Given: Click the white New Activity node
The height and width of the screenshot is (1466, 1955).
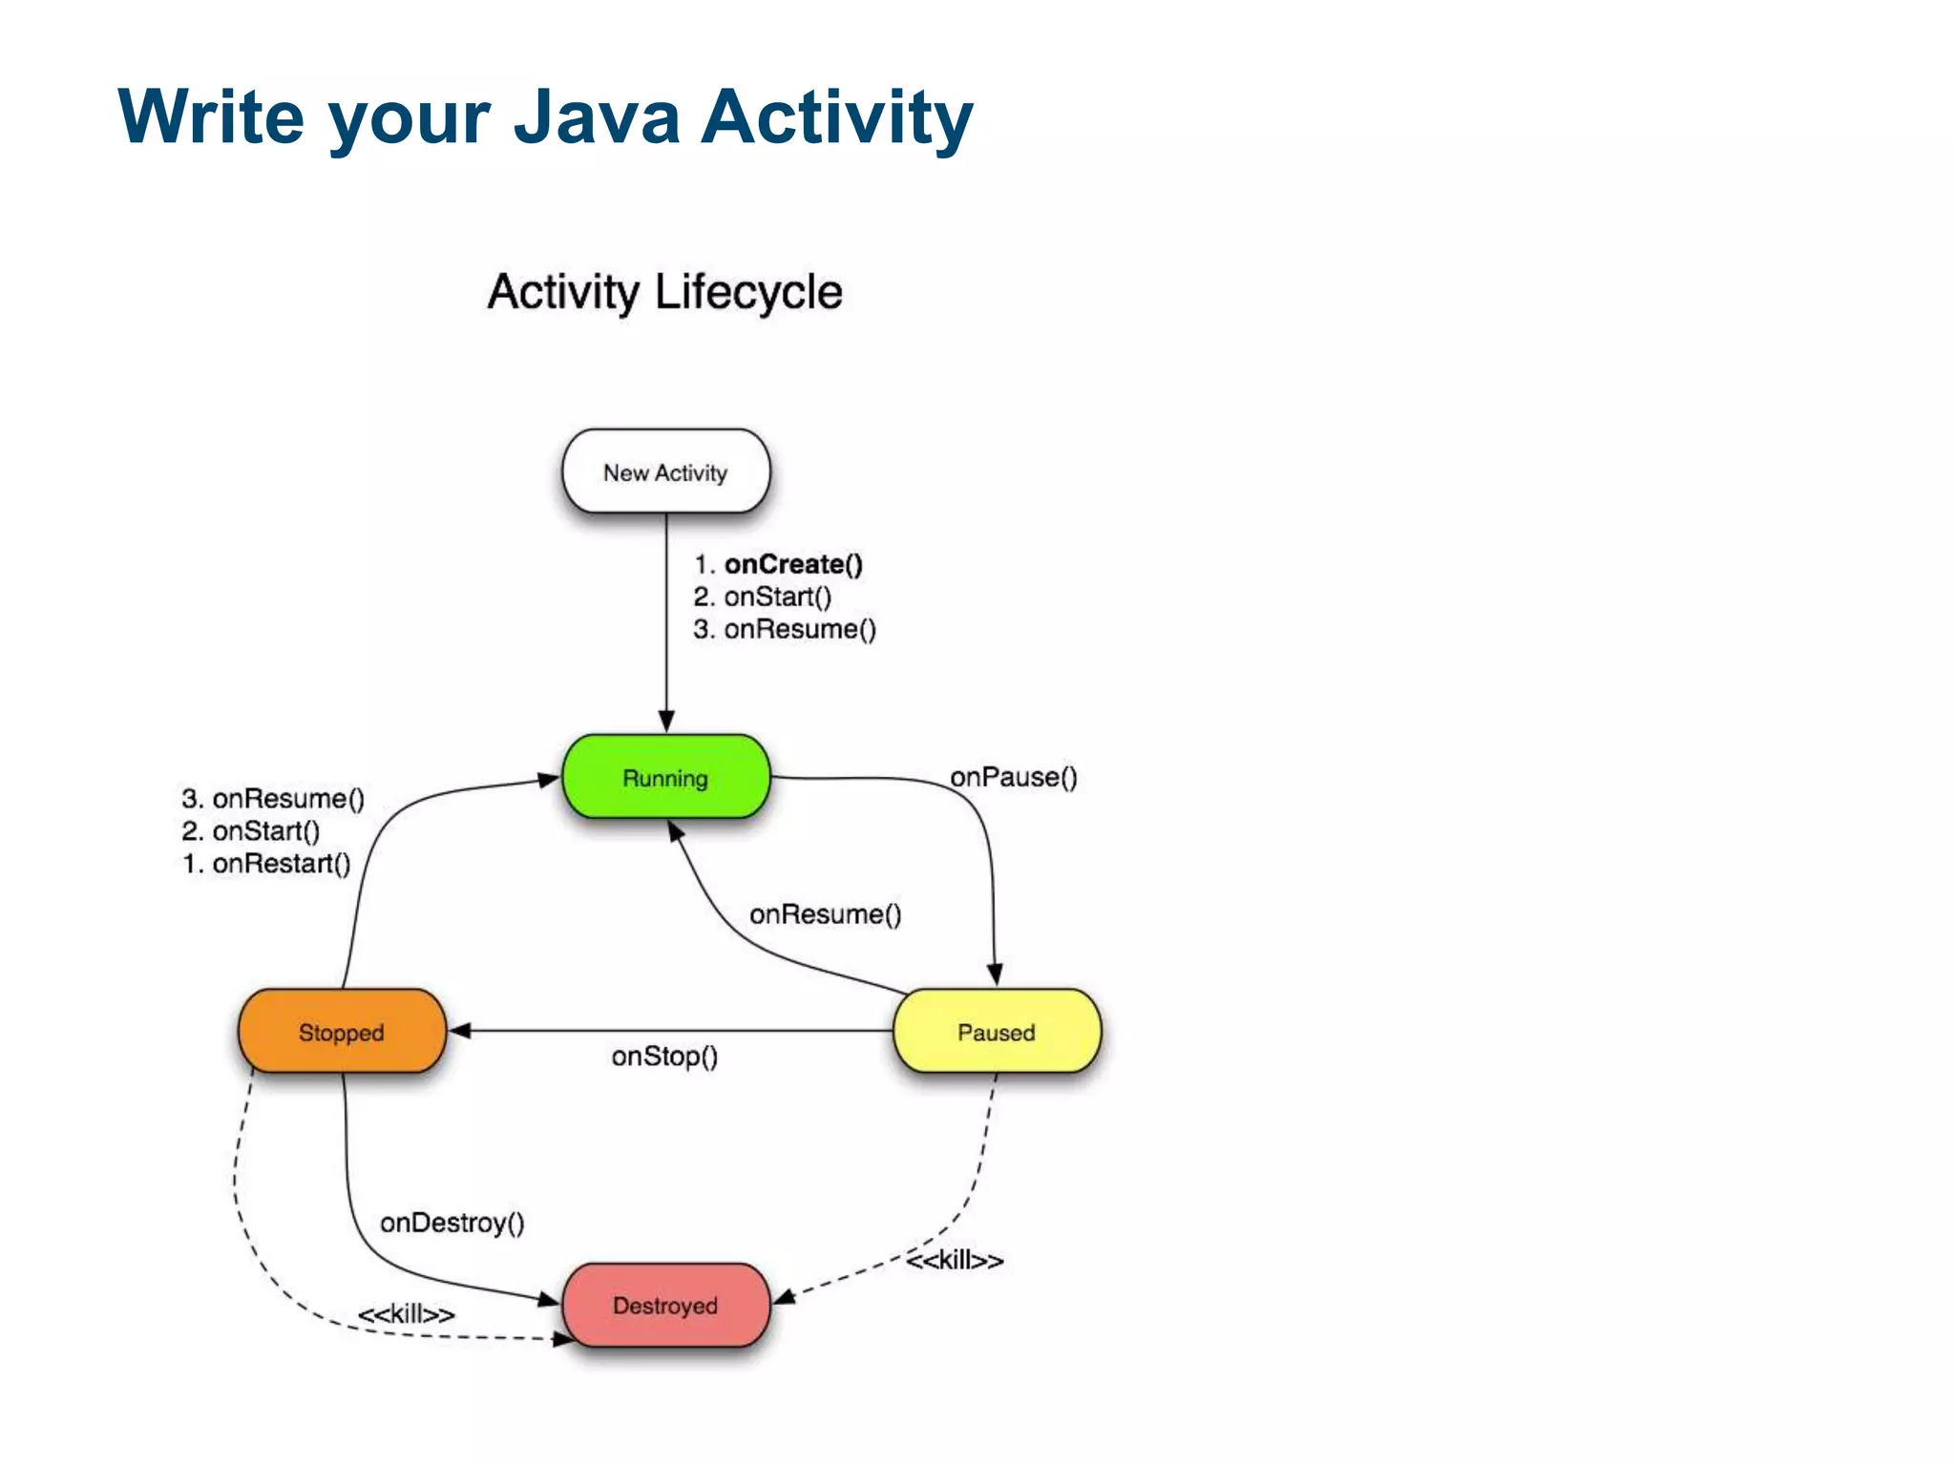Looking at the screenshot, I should [x=665, y=471].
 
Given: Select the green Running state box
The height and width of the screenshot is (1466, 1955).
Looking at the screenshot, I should [x=665, y=777].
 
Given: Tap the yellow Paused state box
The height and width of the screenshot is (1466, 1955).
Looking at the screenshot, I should [x=996, y=1032].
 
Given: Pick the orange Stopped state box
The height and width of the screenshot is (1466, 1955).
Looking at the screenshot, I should [x=341, y=1032].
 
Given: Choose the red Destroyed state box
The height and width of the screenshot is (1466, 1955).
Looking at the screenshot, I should [x=665, y=1305].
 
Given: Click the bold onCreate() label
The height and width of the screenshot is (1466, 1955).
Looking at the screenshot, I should [x=792, y=564].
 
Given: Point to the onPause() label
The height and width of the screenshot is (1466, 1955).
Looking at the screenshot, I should [x=1013, y=777].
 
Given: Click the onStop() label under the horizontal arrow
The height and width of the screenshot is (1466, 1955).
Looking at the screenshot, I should [x=664, y=1057].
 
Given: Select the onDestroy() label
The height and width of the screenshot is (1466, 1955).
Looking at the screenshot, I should [x=452, y=1223].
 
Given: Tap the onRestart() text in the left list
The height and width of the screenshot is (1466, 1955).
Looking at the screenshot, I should [x=281, y=864].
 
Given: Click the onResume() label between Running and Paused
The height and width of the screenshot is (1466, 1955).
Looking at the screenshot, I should [x=825, y=914].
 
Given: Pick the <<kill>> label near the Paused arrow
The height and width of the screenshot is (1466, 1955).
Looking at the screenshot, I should [x=955, y=1261].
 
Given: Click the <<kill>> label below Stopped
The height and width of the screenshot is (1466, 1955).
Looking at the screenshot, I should [x=406, y=1314].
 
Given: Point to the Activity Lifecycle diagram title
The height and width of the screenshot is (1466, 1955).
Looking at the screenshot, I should [x=664, y=291].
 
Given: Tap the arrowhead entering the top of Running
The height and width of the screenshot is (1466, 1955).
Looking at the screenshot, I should [x=666, y=722].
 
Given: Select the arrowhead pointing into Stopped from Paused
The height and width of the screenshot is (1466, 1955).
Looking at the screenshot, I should [x=460, y=1031].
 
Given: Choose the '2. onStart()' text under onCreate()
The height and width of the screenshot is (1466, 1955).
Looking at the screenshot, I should [x=762, y=597].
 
